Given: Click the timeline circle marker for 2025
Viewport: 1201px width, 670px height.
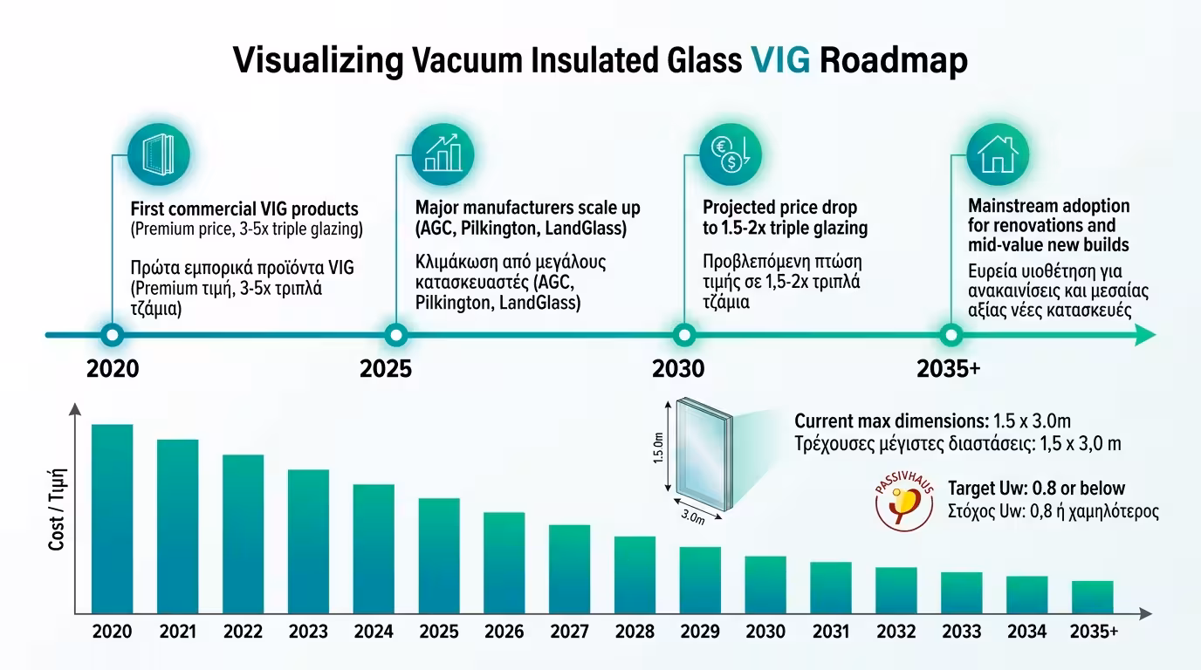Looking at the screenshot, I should (x=395, y=334).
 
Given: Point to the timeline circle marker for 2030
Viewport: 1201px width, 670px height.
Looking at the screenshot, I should (x=684, y=334).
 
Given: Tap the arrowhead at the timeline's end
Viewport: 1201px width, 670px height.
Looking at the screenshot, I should (x=1146, y=335).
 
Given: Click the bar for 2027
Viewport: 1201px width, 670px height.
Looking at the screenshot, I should (x=569, y=568).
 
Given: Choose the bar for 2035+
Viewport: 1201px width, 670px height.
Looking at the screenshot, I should (x=1092, y=596).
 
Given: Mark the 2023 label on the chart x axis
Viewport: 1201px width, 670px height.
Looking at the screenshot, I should (x=308, y=632).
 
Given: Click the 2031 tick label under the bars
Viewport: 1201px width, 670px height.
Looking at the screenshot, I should (x=830, y=632).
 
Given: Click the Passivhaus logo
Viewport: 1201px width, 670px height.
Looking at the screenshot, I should (x=903, y=503).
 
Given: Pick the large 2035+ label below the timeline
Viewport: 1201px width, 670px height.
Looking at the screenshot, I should (x=949, y=369).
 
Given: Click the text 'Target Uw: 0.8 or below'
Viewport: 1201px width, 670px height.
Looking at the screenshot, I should (x=1036, y=489).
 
